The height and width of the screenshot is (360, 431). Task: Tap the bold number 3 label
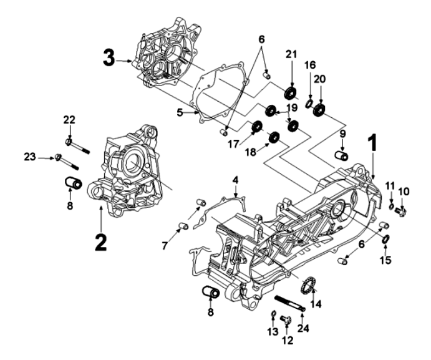click(x=110, y=61)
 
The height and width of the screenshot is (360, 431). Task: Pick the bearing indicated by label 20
click(x=321, y=110)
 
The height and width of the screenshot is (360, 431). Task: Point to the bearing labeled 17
click(x=255, y=129)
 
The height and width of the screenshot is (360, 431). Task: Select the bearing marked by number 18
click(x=273, y=137)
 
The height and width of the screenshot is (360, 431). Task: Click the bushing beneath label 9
click(x=342, y=154)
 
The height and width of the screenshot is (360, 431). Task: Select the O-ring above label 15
click(x=385, y=240)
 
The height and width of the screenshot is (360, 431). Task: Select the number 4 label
click(x=235, y=180)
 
